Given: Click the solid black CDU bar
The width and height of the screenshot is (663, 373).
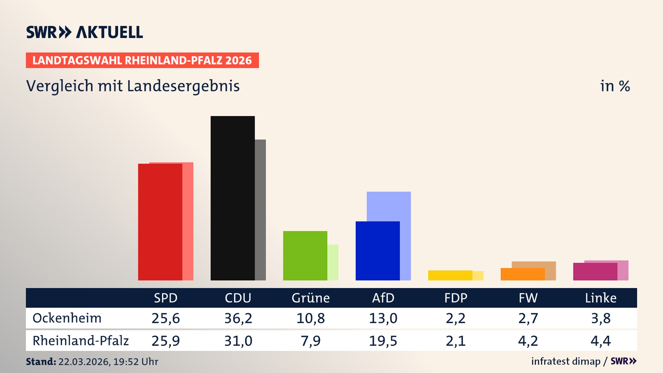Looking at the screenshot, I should pos(232,198).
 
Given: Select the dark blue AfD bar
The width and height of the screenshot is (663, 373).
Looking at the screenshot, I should pos(377,251).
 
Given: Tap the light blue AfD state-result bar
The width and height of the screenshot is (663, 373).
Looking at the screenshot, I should pos(389,206).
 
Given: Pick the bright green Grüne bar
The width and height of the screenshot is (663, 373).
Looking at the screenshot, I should pos(305,256).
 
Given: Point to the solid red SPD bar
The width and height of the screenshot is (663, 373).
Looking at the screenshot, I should pos(160,222).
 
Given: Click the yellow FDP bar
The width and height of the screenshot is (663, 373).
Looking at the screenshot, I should pos(450,275).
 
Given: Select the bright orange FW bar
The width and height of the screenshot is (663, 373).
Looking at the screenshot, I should pos(522,274).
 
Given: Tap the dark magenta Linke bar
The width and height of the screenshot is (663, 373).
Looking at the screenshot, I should pos(595,272).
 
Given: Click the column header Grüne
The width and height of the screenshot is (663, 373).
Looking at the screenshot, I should pos(310,298).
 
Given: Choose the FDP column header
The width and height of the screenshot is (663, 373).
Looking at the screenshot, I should pos(455,298).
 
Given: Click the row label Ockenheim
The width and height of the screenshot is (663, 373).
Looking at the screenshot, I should pos(67,318).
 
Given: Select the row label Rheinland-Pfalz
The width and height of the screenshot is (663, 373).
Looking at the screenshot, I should pos(80,341).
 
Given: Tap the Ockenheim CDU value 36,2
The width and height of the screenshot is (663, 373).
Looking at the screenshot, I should pos(238,318).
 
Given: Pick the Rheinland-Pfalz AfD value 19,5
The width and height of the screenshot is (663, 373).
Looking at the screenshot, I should pos(383,341).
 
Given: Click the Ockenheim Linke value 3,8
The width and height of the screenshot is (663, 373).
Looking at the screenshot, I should pos(600,318).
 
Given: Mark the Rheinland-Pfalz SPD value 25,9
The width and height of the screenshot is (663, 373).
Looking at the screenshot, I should pos(165,341).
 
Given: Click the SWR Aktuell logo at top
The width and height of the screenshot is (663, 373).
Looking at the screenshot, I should pos(85,32).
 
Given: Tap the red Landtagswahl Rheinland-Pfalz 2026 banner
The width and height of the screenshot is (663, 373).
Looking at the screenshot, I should pos(142,60).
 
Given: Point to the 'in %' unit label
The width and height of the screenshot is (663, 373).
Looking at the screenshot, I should pos(615,86).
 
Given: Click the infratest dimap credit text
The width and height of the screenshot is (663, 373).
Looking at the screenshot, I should pos(565,361).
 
